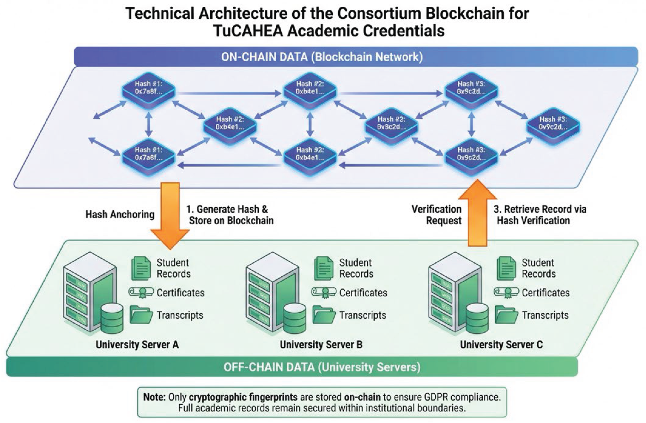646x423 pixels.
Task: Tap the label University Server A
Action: click(x=137, y=345)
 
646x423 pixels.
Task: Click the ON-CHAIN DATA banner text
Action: click(x=322, y=57)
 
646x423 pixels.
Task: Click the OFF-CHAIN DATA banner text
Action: click(x=322, y=367)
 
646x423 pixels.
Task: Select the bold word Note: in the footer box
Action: click(x=154, y=397)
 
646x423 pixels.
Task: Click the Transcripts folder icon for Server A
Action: click(x=141, y=315)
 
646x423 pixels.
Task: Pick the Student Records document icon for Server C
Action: click(x=506, y=268)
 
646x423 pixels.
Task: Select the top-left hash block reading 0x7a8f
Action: click(x=148, y=88)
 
